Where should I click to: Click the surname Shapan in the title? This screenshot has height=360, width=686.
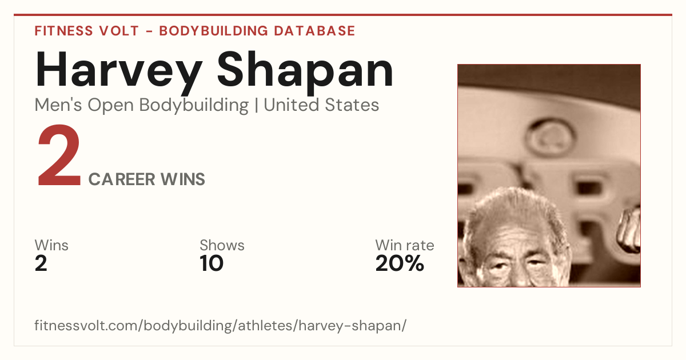pyautogui.click(x=305, y=70)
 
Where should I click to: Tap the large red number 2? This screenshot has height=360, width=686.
pyautogui.click(x=59, y=155)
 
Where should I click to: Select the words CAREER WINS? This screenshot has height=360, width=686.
pyautogui.click(x=147, y=179)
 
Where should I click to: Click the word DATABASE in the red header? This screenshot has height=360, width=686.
pyautogui.click(x=314, y=31)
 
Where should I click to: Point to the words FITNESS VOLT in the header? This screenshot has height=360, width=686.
pyautogui.click(x=87, y=31)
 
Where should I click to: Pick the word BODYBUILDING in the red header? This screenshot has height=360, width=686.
pyautogui.click(x=213, y=31)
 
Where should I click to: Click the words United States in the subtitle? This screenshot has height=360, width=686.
pyautogui.click(x=321, y=105)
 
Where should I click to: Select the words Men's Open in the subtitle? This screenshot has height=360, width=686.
pyautogui.click(x=84, y=106)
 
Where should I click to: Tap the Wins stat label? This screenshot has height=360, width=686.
pyautogui.click(x=51, y=245)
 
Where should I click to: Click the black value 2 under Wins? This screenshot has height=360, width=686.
pyautogui.click(x=41, y=263)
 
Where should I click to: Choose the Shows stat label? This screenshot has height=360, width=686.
pyautogui.click(x=222, y=245)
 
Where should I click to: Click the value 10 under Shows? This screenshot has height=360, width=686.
pyautogui.click(x=212, y=263)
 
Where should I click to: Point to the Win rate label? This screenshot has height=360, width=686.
pyautogui.click(x=405, y=245)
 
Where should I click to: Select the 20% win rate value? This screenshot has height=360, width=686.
pyautogui.click(x=400, y=263)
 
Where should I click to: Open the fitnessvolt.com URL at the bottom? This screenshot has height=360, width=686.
pyautogui.click(x=221, y=325)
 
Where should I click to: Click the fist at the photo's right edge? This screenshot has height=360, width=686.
pyautogui.click(x=629, y=231)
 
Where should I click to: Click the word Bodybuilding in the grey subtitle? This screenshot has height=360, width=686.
pyautogui.click(x=194, y=106)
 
